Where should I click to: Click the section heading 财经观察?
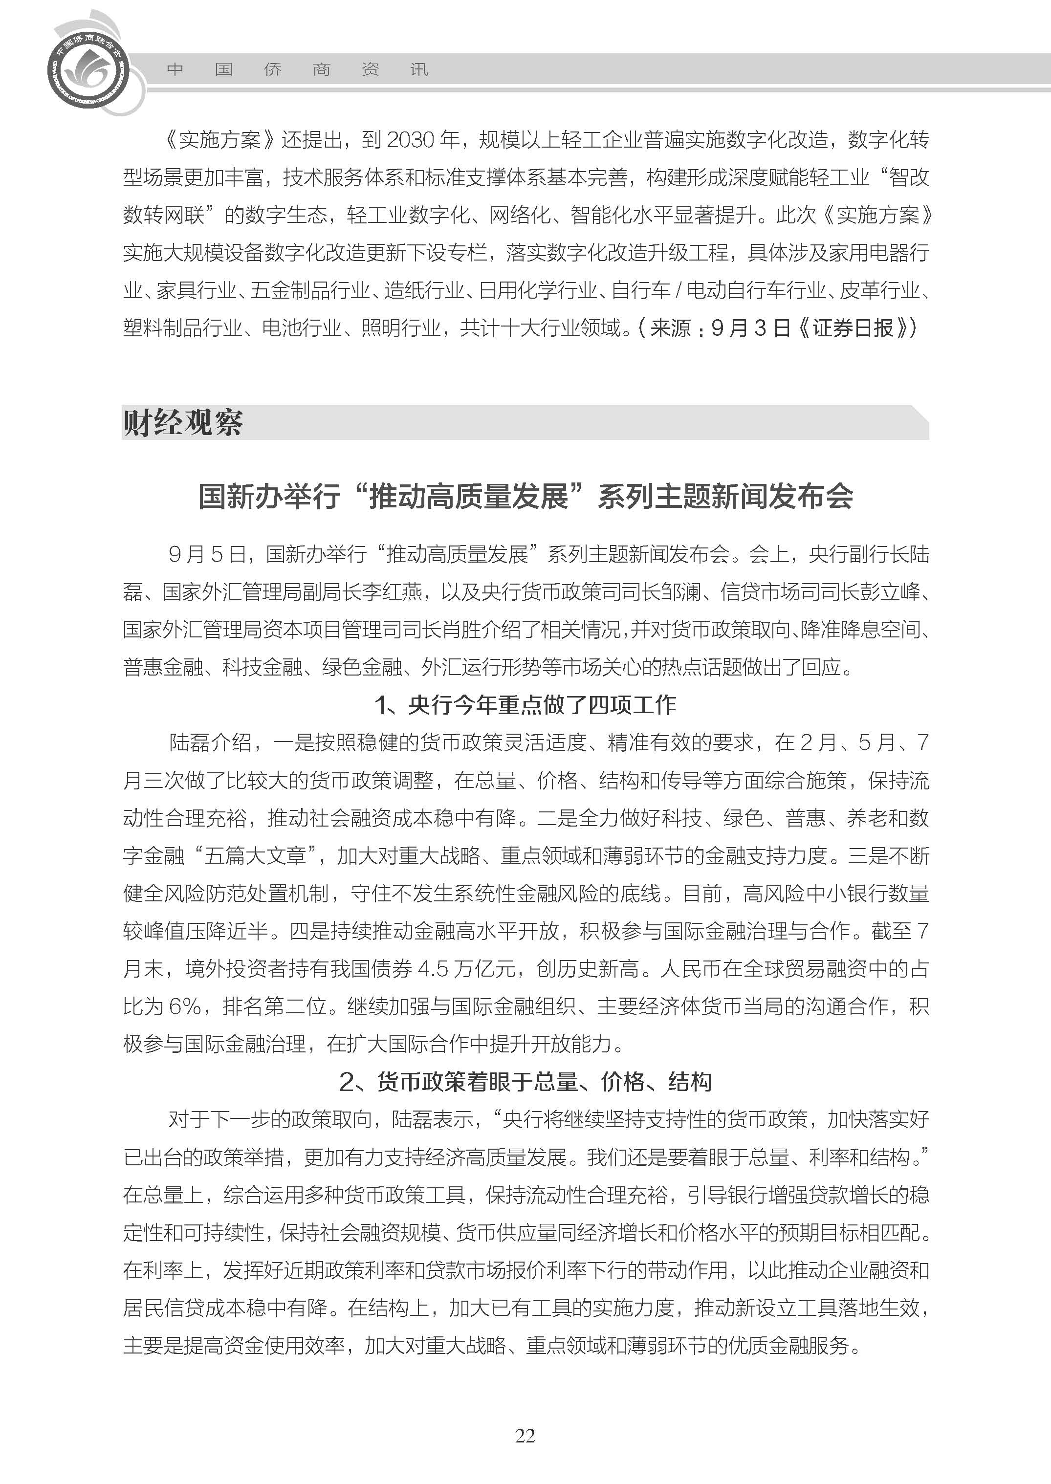tap(183, 423)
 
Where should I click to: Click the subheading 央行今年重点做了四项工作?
tap(542, 704)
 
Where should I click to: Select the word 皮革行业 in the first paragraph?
tap(879, 290)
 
